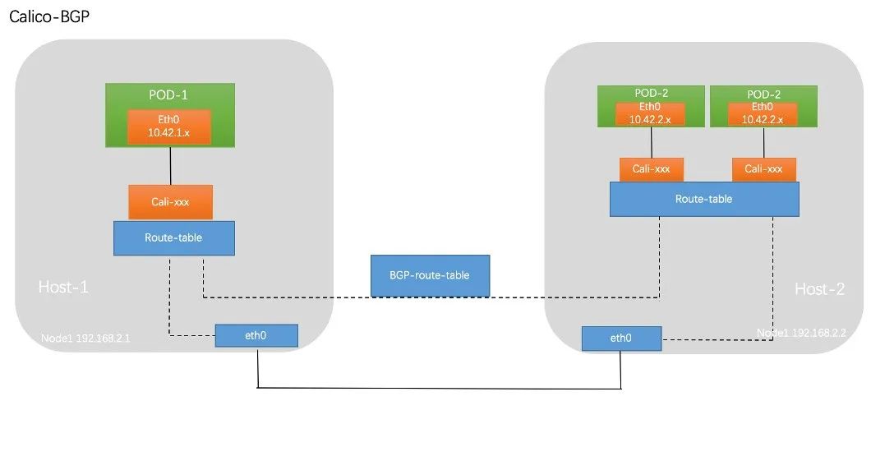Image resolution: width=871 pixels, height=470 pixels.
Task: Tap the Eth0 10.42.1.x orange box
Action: pos(170,125)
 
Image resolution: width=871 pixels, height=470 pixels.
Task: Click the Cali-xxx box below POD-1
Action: pos(170,202)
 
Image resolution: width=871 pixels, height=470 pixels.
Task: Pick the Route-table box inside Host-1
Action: pos(173,237)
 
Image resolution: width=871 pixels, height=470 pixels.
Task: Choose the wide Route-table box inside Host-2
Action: pos(703,199)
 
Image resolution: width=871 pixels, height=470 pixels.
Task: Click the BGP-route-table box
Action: pos(430,275)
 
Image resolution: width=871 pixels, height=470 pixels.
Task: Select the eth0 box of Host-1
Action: pos(256,335)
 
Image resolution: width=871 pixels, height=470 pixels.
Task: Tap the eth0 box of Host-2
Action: pos(620,338)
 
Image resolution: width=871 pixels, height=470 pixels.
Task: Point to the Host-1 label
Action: pos(63,287)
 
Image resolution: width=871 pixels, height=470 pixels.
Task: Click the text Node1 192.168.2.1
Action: pos(81,338)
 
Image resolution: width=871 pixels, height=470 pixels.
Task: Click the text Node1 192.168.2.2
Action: pos(801,333)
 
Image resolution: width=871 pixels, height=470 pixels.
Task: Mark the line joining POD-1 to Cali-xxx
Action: pos(170,166)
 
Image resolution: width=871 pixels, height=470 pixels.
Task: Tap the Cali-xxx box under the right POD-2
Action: pos(763,168)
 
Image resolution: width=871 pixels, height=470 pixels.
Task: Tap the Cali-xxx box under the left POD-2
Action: pos(651,168)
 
